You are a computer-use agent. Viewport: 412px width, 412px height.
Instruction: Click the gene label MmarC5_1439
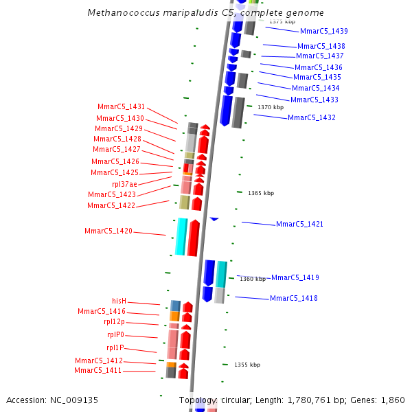tap(323, 31)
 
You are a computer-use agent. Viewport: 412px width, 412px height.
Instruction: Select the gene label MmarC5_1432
tap(311, 117)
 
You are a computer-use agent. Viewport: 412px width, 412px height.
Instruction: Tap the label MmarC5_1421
tap(299, 224)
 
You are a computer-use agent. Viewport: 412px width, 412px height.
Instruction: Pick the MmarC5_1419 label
tap(295, 277)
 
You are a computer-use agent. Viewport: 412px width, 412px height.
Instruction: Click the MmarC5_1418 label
tap(293, 298)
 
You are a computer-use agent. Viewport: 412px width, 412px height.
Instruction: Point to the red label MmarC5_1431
tap(121, 106)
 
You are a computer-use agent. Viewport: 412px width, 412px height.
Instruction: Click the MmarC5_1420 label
tap(108, 231)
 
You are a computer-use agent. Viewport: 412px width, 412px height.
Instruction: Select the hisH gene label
tap(119, 301)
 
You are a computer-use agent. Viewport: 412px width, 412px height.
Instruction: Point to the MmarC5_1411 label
tap(98, 370)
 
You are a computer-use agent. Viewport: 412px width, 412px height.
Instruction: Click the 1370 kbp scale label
tap(270, 107)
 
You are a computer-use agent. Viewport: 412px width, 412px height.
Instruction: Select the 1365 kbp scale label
tap(260, 193)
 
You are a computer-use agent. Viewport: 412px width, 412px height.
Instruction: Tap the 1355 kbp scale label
tap(247, 365)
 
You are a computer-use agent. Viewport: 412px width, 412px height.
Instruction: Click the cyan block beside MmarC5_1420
tap(181, 237)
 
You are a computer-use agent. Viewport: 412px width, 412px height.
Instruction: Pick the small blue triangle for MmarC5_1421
tap(214, 219)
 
